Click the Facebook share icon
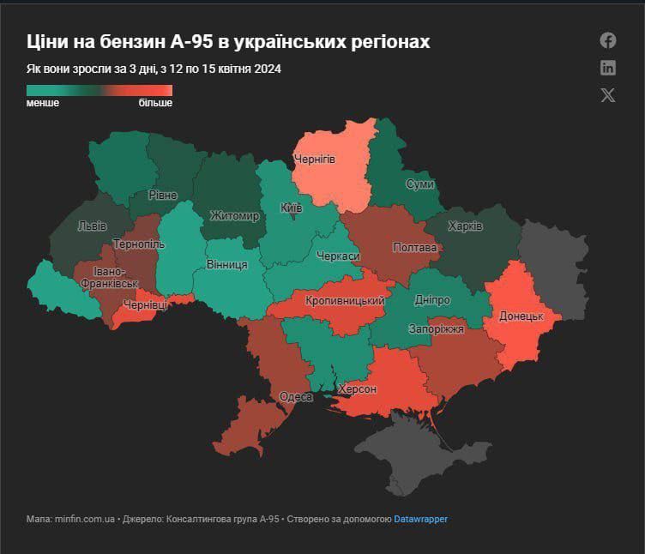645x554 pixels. (608, 40)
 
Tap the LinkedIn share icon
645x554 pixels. (608, 68)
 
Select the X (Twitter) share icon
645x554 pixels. (608, 95)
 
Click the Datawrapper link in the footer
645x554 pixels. (420, 519)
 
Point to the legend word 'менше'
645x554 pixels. (43, 103)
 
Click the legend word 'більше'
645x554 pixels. (155, 103)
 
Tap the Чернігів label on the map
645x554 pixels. (315, 160)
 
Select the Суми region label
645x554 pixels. (419, 184)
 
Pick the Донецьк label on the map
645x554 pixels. (521, 316)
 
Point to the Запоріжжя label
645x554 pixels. (437, 328)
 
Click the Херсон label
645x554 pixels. (358, 389)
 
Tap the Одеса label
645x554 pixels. (296, 396)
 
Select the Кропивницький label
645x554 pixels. (345, 301)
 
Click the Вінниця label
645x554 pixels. (226, 265)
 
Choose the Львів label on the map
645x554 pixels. (92, 226)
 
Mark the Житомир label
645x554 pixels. (234, 216)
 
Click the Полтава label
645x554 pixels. (415, 248)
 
